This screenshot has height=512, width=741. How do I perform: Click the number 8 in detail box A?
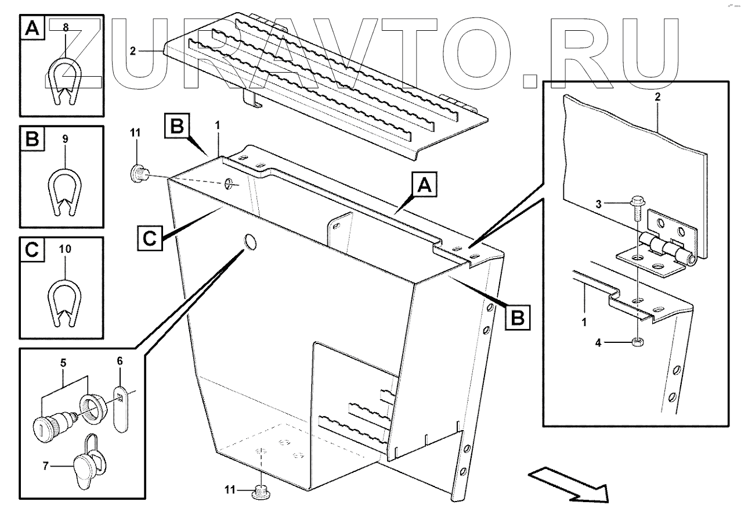[65, 27]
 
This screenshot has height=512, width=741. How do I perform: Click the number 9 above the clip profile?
[65, 139]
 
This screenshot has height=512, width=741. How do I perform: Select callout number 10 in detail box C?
[65, 249]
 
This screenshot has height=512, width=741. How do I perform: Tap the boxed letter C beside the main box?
[150, 238]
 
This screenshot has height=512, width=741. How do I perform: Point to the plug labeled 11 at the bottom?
[261, 492]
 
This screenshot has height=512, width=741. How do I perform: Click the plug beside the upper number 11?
[138, 173]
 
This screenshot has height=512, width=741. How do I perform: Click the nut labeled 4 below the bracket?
[637, 342]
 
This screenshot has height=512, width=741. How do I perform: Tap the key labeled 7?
[85, 463]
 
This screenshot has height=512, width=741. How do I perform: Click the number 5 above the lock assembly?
[63, 363]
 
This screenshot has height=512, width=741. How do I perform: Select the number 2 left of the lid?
[133, 51]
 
